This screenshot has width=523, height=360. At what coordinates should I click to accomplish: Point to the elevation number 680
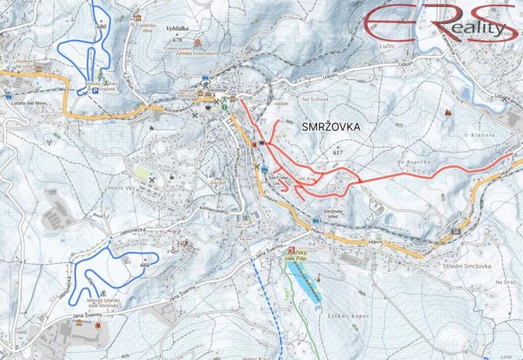point(101,27)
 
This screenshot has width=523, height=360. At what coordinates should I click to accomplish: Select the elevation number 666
point(145,265)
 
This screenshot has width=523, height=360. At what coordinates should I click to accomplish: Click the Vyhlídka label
point(178,27)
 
